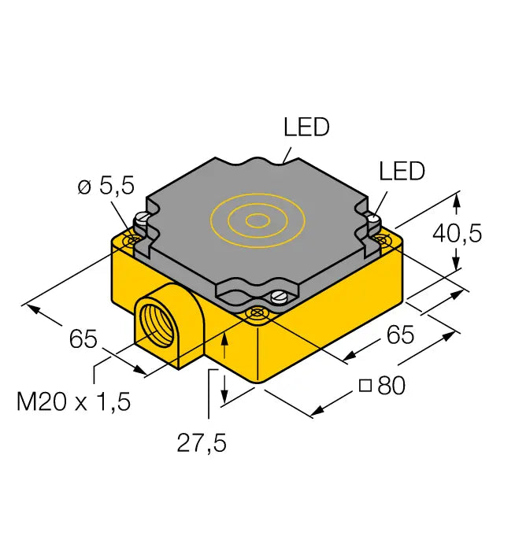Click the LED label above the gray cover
tap(306, 128)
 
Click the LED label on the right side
tap(402, 171)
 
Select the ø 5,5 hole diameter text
tap(106, 187)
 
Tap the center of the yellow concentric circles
tap(254, 220)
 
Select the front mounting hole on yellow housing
tap(256, 313)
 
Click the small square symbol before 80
tap(365, 386)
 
